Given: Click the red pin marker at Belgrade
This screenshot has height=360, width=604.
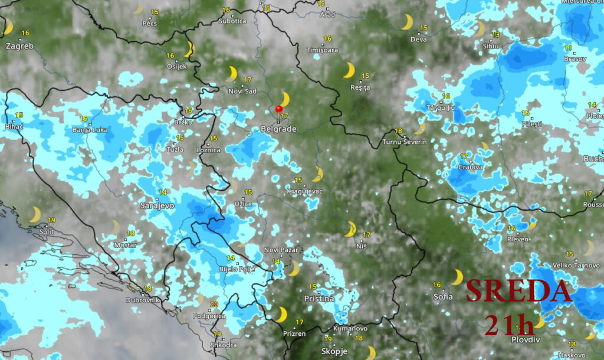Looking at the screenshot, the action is pos(278,109).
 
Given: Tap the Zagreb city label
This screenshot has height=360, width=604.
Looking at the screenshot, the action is pos(19,45).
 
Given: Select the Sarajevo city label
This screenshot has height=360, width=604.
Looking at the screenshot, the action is pos(157,205).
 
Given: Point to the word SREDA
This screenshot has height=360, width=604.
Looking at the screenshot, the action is pos(518,292).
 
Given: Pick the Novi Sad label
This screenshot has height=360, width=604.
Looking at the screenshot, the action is pos(242,91).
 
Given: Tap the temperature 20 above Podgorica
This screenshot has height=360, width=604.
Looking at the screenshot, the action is pos(214,305).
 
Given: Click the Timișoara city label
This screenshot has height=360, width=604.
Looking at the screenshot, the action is pos(322,50).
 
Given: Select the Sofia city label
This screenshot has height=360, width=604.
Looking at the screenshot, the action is pos(442,296).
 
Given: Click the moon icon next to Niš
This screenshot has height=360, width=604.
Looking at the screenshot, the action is pos(351,228).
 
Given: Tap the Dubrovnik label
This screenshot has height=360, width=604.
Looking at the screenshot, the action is pos(143,300).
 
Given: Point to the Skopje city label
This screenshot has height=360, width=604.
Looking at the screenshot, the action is pos(334,351).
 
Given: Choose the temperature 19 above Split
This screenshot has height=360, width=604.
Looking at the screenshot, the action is pos(51,220).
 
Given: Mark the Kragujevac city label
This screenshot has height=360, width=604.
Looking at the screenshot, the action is pos(304,192).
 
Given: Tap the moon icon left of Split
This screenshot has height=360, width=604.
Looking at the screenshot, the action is pos(35,214).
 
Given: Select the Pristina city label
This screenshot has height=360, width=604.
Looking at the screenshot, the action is pos(319,299).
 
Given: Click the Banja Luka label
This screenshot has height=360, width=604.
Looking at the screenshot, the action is pos(90,129).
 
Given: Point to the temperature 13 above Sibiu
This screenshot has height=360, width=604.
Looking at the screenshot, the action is pos(495,34).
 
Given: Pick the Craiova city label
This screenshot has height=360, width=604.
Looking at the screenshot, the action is pos(470,167).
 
